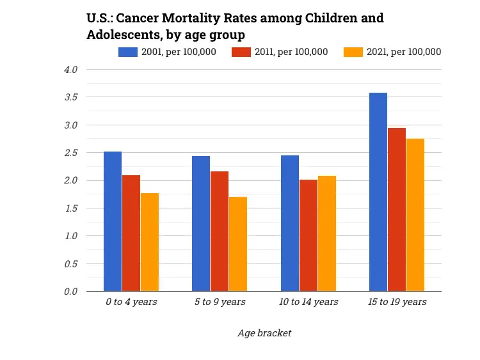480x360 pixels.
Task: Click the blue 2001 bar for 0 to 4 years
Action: point(113,221)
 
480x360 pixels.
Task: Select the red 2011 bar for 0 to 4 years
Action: point(131,233)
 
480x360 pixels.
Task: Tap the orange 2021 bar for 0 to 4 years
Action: point(150,242)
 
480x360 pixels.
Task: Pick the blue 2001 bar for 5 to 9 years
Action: point(201,224)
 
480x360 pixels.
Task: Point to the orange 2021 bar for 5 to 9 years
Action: point(237,244)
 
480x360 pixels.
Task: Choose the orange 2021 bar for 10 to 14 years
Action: point(326,233)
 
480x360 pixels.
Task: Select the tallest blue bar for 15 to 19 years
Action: point(378,192)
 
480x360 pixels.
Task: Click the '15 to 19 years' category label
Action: point(396,302)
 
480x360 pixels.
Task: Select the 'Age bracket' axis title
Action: point(264,333)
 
